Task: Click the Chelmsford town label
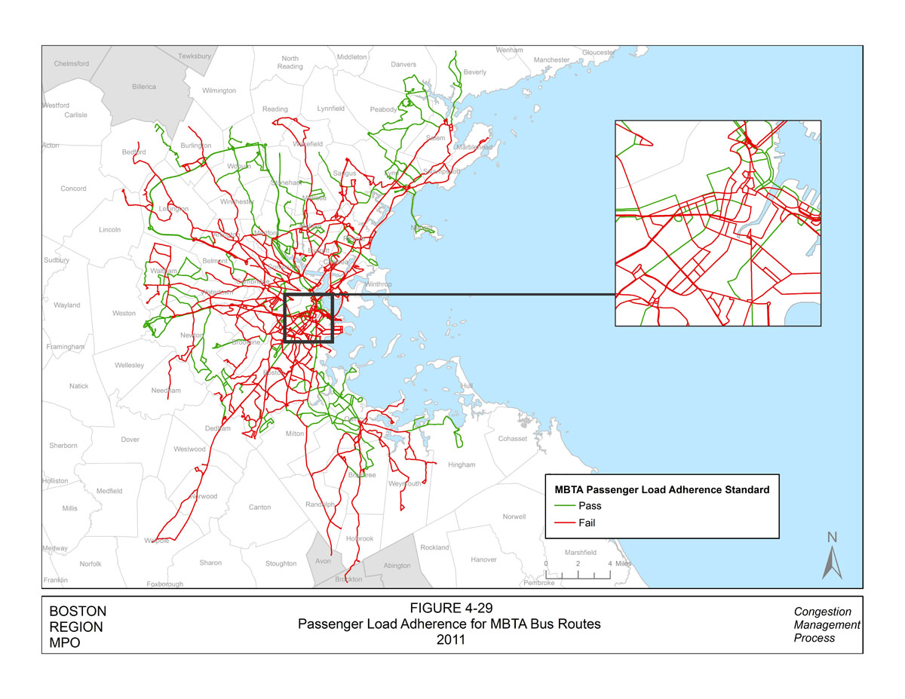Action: [x=72, y=63]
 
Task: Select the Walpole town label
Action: [x=157, y=541]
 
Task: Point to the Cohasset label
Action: [x=512, y=439]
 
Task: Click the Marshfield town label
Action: [x=580, y=553]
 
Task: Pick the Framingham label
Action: [x=65, y=347]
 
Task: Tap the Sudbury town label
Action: [x=57, y=260]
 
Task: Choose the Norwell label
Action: [x=514, y=517]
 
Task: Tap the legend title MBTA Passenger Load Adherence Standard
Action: [x=661, y=489]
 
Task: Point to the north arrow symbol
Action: [x=832, y=563]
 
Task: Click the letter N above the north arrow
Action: [x=833, y=538]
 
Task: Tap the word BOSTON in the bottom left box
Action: [x=77, y=612]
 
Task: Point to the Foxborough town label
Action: [x=164, y=584]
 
